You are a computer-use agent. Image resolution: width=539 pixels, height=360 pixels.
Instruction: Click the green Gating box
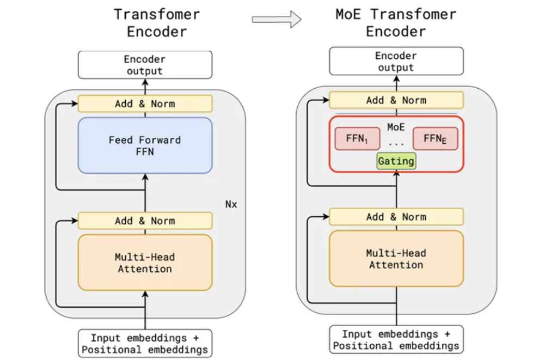[396, 161]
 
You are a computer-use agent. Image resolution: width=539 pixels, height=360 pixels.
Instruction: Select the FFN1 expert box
[358, 138]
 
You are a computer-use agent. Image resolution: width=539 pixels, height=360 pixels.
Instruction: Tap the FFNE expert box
[435, 138]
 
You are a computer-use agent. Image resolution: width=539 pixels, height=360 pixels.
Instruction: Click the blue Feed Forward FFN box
[145, 145]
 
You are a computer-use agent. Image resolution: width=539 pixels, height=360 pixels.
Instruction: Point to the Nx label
[231, 204]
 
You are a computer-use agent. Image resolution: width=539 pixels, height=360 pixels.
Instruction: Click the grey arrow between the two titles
[277, 19]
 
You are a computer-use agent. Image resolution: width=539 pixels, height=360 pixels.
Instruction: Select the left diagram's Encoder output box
[145, 65]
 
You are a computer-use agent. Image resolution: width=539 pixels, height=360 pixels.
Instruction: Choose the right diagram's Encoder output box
[396, 61]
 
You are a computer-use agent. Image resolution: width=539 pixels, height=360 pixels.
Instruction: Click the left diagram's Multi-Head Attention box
[145, 263]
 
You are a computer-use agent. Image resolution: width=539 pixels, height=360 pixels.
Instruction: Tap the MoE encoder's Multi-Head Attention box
[396, 259]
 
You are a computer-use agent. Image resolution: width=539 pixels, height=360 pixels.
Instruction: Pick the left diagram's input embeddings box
[145, 344]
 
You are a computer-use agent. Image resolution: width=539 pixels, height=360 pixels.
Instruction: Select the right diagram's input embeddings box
[396, 340]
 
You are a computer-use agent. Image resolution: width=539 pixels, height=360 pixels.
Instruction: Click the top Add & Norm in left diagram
[145, 104]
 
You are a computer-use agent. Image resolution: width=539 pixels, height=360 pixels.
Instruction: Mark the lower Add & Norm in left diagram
[145, 221]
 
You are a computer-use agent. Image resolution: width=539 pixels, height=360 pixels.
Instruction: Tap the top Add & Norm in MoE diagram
[396, 100]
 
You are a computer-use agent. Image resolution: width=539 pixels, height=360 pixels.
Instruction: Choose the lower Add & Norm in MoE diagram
[396, 217]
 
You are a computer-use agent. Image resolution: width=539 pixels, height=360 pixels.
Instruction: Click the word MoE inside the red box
[396, 127]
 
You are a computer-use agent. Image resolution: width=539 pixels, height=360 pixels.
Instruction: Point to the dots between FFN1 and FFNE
[396, 144]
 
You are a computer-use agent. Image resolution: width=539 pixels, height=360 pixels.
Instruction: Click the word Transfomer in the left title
[157, 15]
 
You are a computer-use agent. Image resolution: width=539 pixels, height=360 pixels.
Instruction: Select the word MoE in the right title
[348, 15]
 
